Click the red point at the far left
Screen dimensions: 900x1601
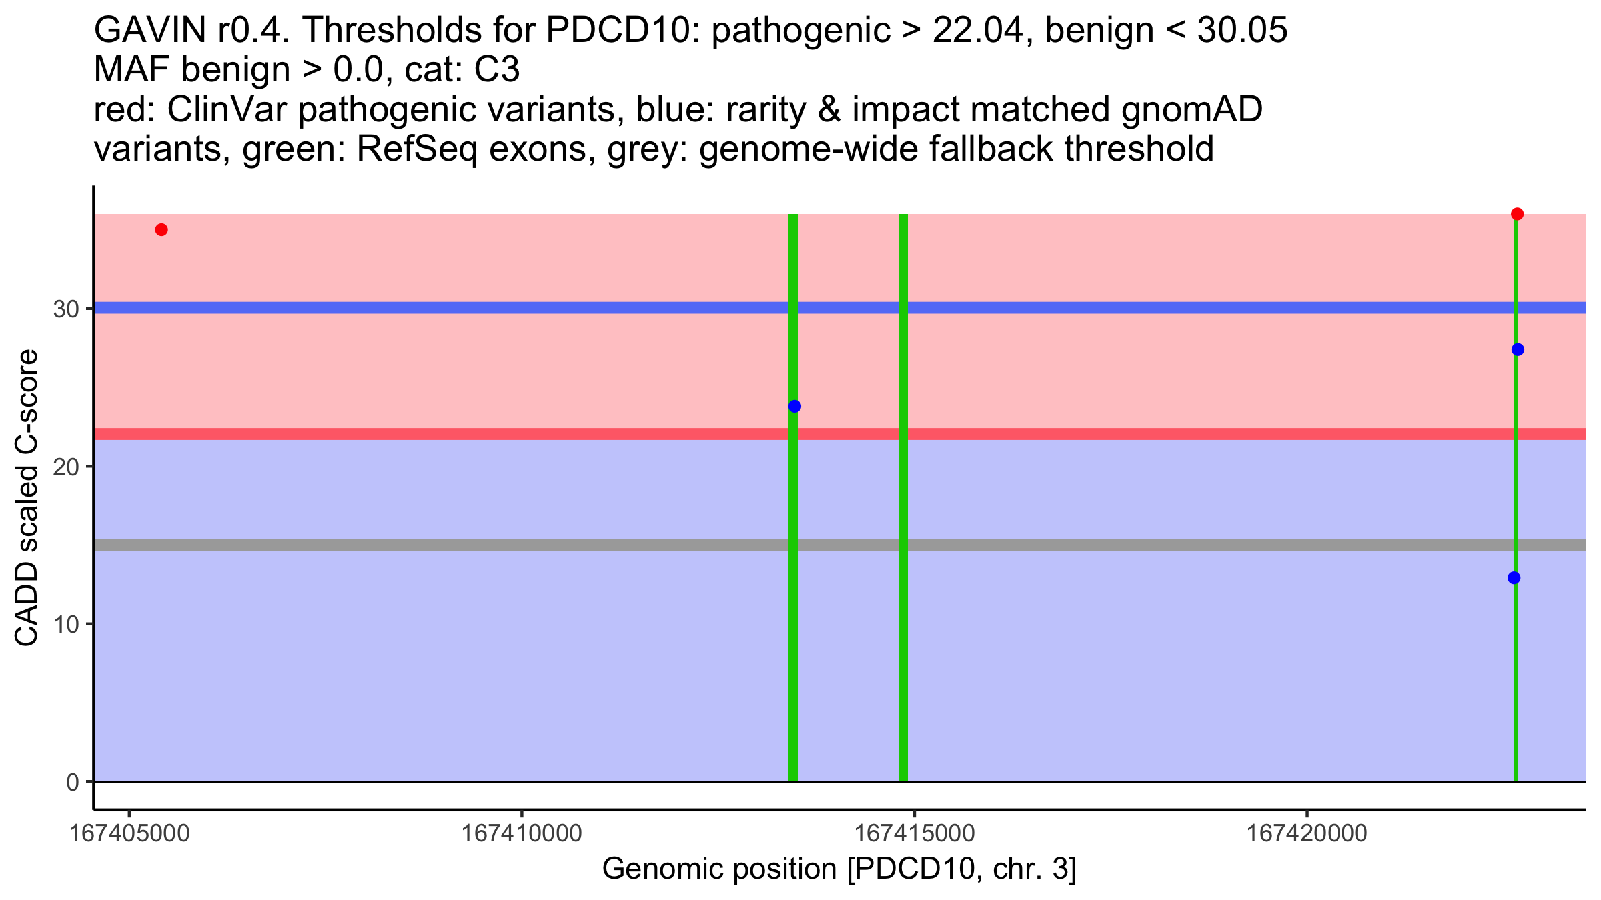[x=161, y=230]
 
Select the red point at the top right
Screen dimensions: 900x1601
[x=1517, y=214]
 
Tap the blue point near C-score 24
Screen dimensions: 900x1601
[x=794, y=407]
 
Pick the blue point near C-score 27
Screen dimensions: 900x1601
[x=1518, y=350]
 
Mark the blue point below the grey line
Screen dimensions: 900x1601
[x=1514, y=578]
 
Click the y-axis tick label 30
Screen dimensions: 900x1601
[x=66, y=309]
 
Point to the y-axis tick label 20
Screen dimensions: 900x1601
[x=66, y=467]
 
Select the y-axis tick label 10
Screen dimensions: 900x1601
[x=66, y=625]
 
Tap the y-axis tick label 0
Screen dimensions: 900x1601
[x=73, y=783]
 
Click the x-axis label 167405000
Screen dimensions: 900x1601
[x=130, y=833]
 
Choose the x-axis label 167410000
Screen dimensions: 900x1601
[x=522, y=833]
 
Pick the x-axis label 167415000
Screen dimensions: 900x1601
[x=915, y=833]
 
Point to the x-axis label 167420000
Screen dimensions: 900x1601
[x=1307, y=833]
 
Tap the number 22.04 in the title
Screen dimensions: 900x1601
[x=978, y=31]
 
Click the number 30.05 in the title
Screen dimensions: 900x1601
[x=1242, y=31]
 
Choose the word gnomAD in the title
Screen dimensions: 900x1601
[x=1191, y=109]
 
